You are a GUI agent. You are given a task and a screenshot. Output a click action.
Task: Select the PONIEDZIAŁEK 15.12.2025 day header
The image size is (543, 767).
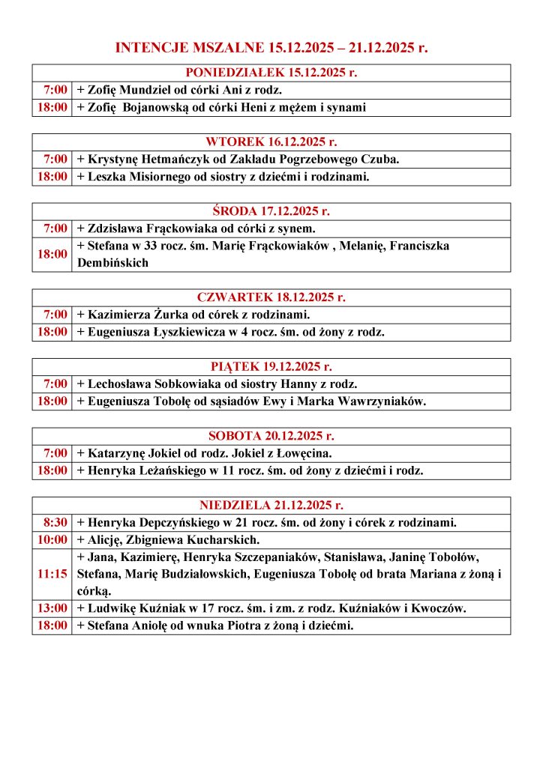click(x=271, y=73)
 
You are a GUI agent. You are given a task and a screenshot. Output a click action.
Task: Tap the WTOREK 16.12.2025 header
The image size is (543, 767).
click(x=271, y=142)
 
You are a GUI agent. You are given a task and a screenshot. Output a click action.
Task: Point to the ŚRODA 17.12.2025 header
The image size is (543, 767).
click(x=271, y=210)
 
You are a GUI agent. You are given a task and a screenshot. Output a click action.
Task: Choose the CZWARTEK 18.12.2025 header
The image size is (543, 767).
click(x=271, y=297)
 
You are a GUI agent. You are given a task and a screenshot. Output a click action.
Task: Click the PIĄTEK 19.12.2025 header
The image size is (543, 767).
click(x=271, y=366)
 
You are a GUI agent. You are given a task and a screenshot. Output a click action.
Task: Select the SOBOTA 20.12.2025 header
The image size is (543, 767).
click(x=271, y=435)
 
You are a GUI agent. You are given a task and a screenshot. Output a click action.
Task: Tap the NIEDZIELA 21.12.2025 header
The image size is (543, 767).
click(x=271, y=505)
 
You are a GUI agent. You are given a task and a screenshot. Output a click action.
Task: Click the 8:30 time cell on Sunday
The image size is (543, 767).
click(x=53, y=522)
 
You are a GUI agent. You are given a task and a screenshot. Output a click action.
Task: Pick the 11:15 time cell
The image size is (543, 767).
click(x=53, y=574)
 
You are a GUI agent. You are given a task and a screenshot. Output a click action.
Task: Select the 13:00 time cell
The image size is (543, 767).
click(x=53, y=608)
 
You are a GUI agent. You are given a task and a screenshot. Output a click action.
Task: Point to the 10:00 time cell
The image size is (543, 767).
click(x=53, y=539)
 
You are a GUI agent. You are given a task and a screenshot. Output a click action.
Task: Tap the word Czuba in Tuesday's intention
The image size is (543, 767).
click(x=378, y=159)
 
